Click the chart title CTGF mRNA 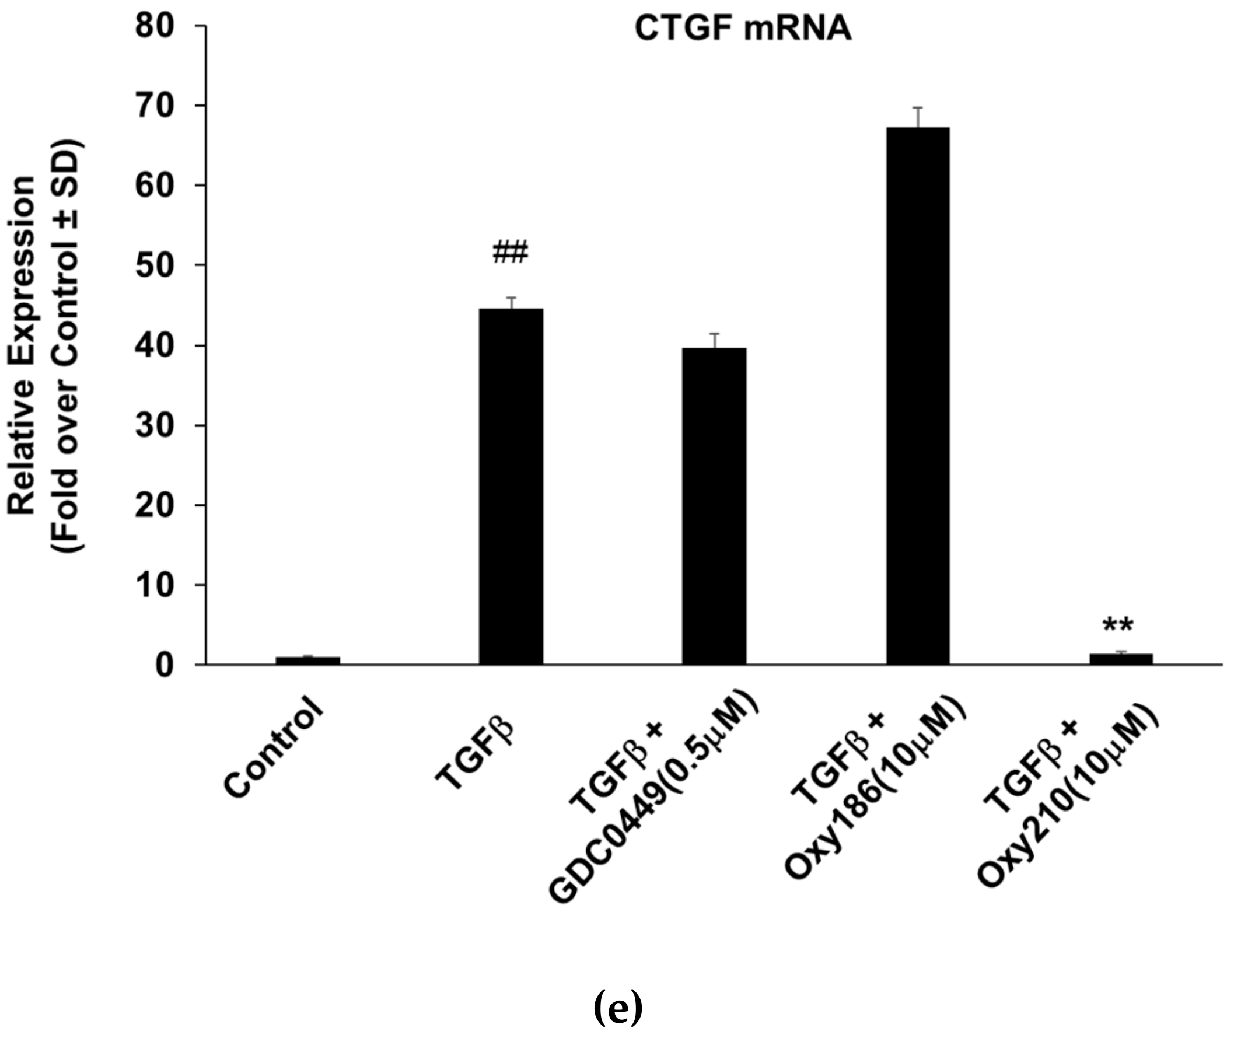tap(743, 28)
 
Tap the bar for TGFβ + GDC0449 tap(714, 506)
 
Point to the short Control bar tap(307, 660)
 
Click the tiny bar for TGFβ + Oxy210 tap(1120, 659)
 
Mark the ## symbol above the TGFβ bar tap(510, 253)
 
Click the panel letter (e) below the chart tap(617, 1008)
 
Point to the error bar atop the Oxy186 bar tap(917, 117)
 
